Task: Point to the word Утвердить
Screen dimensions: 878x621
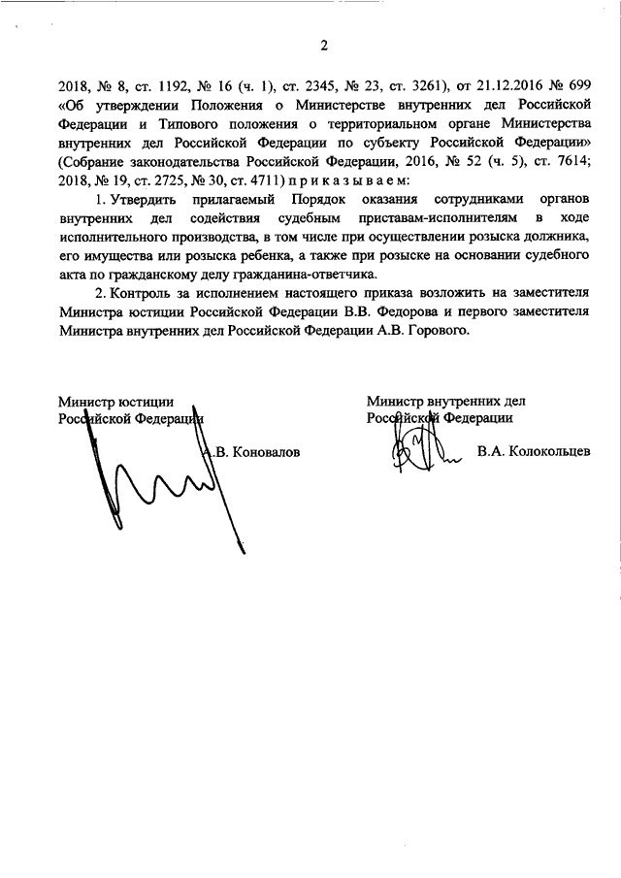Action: point(144,200)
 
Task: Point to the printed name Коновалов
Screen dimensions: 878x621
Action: point(265,452)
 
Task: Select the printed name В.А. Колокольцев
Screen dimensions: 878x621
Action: point(534,452)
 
